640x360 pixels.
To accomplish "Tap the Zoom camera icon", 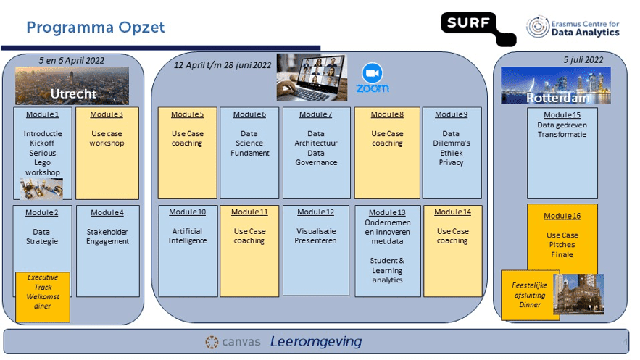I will (x=373, y=73).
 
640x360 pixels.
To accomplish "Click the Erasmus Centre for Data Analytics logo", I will (x=573, y=28).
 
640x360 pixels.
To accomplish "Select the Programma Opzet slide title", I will (x=96, y=28).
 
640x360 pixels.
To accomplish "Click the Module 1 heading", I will (x=43, y=114).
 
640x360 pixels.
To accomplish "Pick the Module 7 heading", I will (x=315, y=114).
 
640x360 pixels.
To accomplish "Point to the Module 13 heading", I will (x=387, y=212).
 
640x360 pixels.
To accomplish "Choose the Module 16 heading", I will (x=562, y=216).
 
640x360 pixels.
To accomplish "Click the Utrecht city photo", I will (x=72, y=85).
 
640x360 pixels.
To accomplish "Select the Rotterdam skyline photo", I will (x=556, y=85).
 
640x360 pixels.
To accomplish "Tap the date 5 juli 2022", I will (x=583, y=60).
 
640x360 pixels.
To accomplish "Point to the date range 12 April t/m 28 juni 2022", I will (x=223, y=65).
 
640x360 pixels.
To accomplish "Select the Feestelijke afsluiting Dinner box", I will (x=526, y=295).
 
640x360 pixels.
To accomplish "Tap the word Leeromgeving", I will (x=316, y=342).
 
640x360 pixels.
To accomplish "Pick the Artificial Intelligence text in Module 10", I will (x=188, y=236).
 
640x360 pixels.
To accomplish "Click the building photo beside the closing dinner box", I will (x=578, y=293).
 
